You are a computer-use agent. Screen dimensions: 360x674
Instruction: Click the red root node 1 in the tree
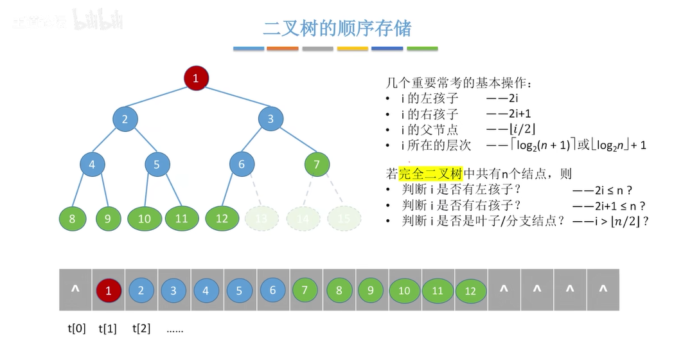coord(196,78)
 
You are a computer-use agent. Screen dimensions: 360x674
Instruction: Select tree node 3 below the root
coord(270,118)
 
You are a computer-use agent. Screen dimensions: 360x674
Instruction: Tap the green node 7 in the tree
coord(317,164)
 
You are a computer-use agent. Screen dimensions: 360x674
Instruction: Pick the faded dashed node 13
coord(261,219)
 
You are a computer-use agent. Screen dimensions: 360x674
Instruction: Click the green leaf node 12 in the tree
coord(222,219)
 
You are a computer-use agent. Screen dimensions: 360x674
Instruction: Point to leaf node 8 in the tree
coord(72,219)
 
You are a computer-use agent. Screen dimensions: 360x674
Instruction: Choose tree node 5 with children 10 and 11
coord(157,164)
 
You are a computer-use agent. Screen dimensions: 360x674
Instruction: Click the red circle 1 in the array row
coord(109,291)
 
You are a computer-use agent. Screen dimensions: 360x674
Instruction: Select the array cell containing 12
coord(470,291)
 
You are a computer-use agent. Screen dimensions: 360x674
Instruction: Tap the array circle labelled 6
coord(272,291)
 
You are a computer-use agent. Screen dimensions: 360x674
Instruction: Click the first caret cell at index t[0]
coord(75,290)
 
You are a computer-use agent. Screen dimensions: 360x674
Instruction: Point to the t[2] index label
coord(141,328)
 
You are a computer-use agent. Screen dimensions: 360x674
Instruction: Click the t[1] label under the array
coord(107,328)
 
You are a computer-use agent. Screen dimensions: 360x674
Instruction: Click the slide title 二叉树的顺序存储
coord(337,28)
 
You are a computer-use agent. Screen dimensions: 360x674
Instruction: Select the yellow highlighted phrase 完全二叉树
coord(430,174)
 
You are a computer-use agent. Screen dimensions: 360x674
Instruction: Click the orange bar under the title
coord(283,48)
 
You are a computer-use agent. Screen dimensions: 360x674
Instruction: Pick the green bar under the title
coord(422,48)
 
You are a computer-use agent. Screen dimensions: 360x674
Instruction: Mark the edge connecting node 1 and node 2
coord(161,98)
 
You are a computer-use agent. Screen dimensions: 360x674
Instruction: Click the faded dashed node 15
coord(344,219)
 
